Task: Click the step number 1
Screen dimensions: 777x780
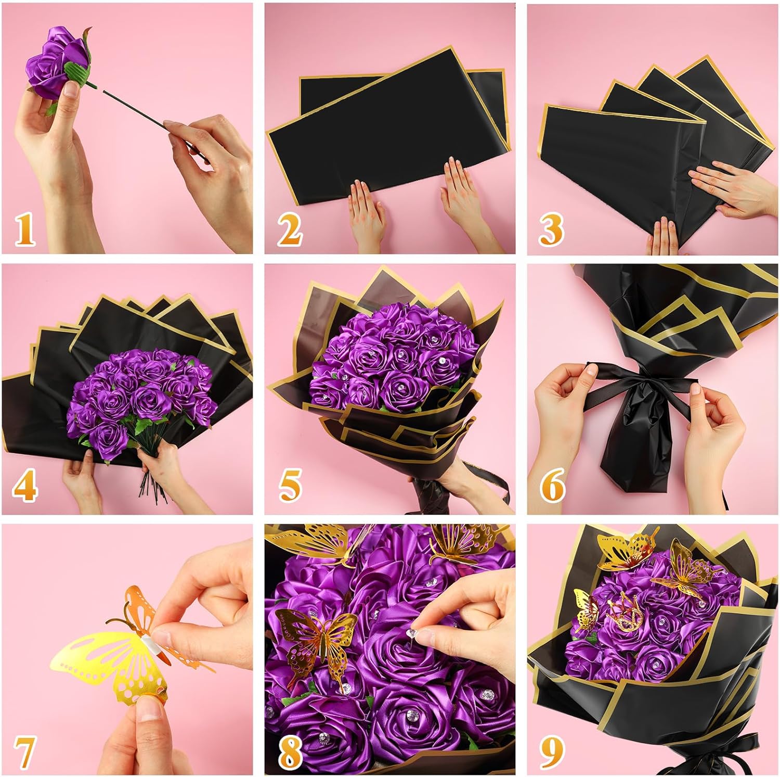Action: point(24,230)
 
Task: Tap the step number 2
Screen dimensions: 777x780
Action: point(289,230)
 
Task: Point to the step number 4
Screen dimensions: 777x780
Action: point(24,486)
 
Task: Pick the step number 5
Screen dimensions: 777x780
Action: point(290,486)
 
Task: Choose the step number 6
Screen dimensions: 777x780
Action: point(552,486)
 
